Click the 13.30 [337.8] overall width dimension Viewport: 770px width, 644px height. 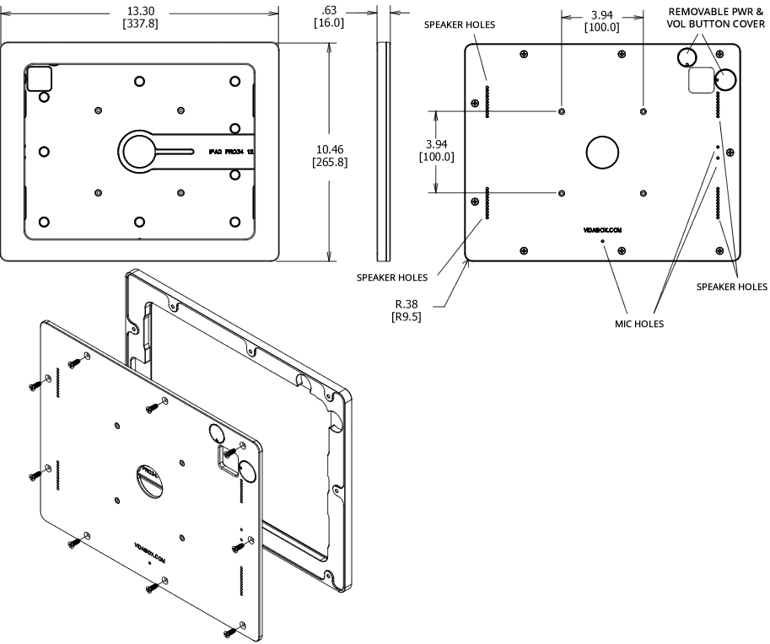click(141, 17)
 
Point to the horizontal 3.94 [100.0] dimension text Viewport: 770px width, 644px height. click(602, 21)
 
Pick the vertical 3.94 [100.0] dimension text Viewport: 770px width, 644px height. click(436, 150)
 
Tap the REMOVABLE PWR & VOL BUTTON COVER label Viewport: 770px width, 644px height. click(718, 17)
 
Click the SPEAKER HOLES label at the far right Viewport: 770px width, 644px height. click(731, 287)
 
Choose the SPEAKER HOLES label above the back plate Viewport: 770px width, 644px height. click(460, 24)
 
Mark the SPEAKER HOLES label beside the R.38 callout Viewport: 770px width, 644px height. click(391, 276)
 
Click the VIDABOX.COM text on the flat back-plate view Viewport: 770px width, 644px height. click(602, 228)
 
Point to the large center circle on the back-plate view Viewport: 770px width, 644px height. click(602, 153)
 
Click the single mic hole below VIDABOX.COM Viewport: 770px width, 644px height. click(602, 240)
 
